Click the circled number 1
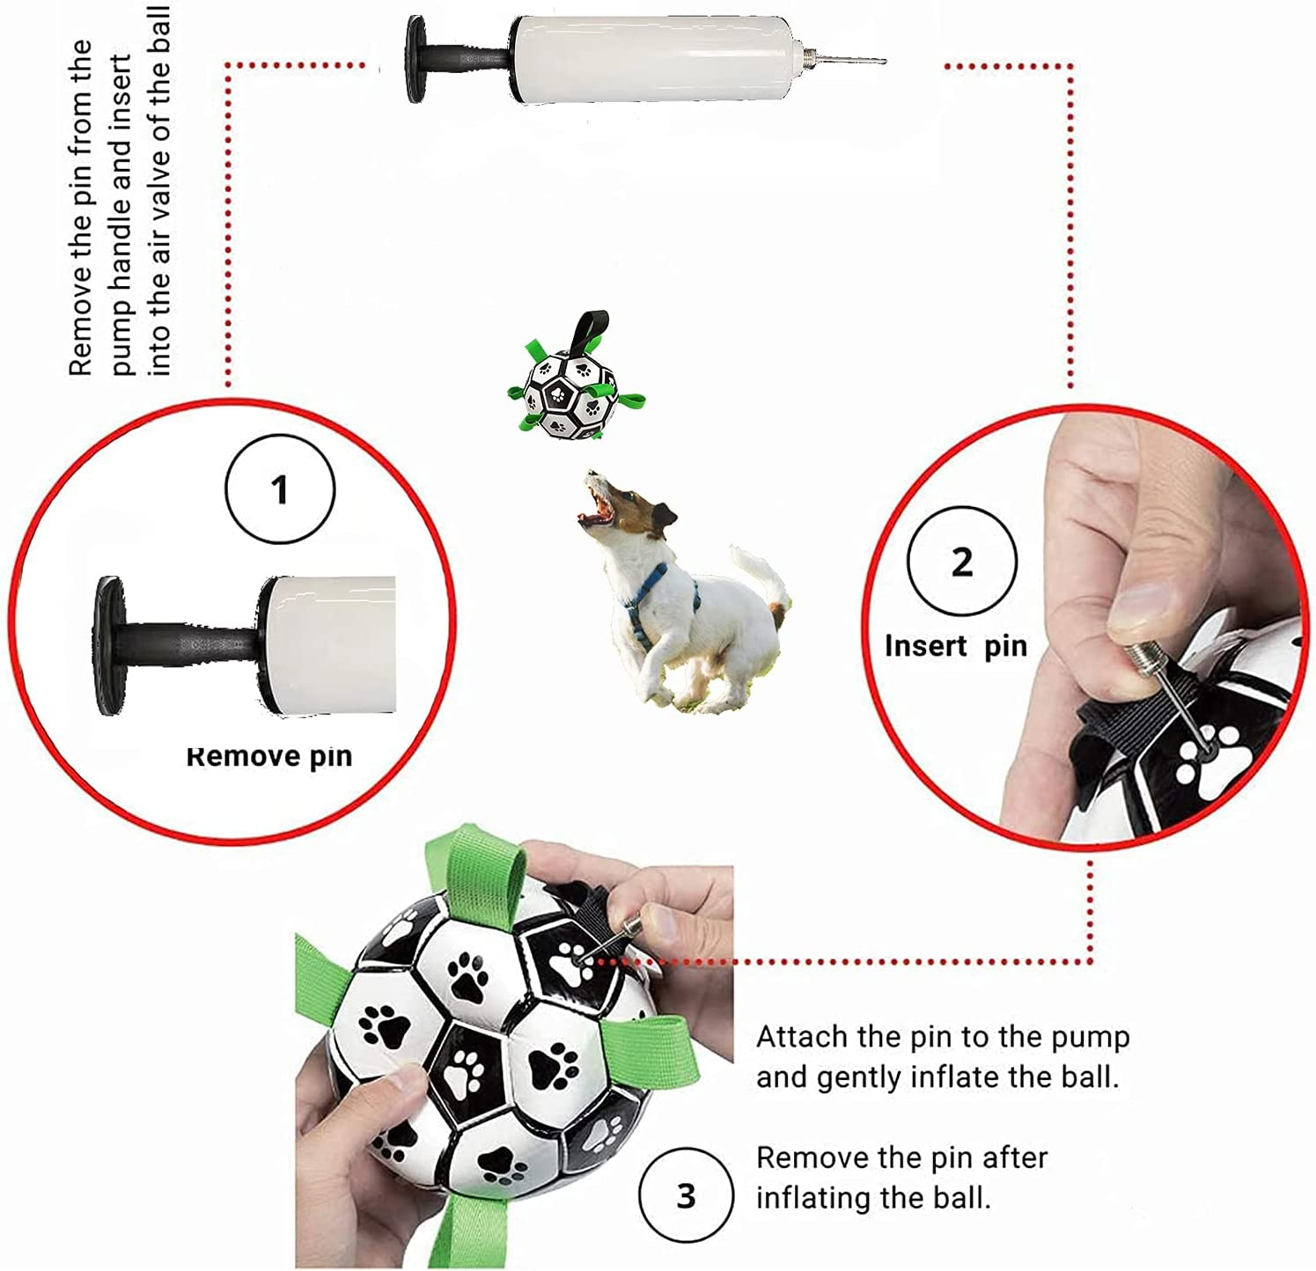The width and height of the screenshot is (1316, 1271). click(x=280, y=489)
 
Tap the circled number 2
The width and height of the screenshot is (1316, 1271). click(x=962, y=562)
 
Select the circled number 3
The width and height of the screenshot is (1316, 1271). click(x=686, y=1195)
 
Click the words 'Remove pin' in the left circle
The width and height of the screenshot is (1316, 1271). click(x=269, y=756)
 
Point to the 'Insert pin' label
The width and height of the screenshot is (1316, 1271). click(x=956, y=646)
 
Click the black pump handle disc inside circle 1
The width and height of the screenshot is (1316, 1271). click(x=110, y=645)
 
